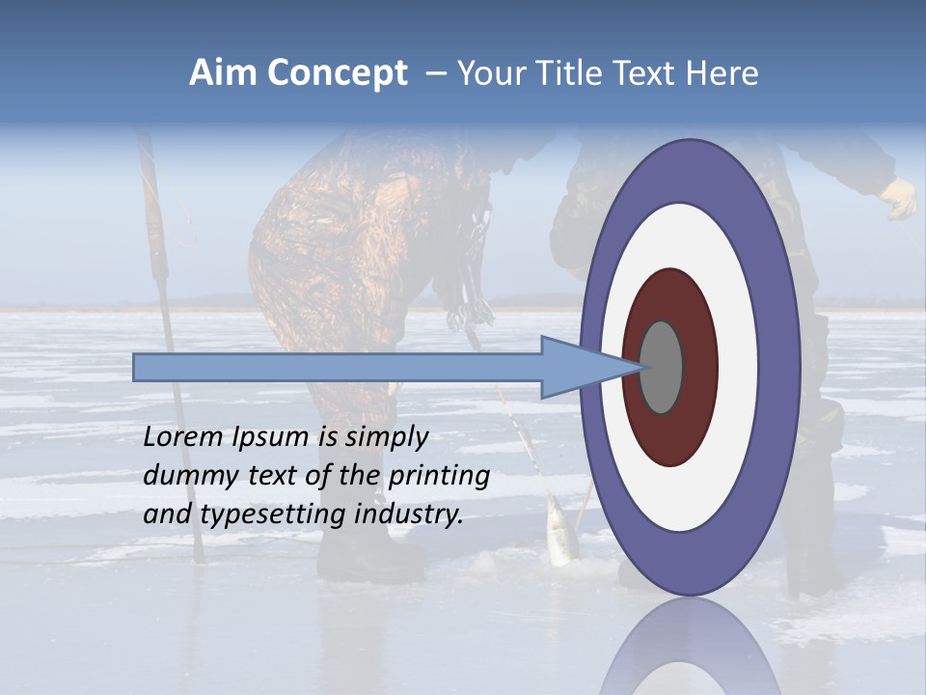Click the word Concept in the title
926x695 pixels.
point(337,74)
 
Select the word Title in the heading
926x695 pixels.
point(566,73)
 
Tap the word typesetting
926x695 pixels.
point(272,515)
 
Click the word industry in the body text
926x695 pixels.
point(409,514)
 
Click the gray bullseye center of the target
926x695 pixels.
point(661,367)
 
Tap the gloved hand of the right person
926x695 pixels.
point(901,199)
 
